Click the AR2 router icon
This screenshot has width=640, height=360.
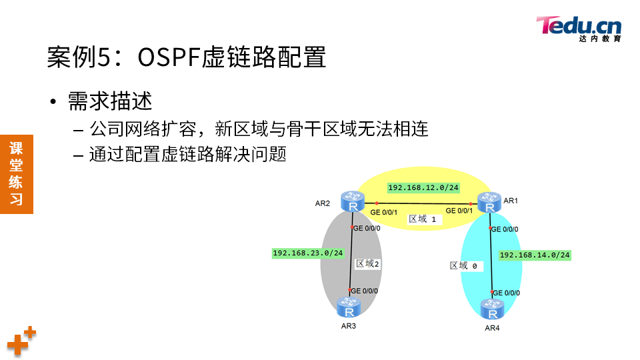[351, 201]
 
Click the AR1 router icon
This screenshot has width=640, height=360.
[490, 203]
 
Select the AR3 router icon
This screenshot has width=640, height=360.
[349, 307]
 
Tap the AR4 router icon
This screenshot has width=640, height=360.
[492, 310]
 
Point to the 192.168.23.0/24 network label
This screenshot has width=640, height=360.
[308, 253]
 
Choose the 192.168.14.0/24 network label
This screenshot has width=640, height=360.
[535, 255]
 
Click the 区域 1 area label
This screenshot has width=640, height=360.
[423, 219]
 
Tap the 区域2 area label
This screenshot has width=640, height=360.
[367, 263]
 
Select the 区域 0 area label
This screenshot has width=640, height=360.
[464, 265]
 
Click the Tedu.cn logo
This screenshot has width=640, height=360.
[579, 28]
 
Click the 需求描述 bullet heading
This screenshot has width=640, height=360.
[110, 101]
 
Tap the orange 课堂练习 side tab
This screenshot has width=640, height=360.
[16, 173]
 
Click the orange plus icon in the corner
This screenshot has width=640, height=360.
[21, 341]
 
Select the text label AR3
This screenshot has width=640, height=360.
[348, 326]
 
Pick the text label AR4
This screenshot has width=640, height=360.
[492, 328]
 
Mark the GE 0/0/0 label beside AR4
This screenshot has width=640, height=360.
[506, 293]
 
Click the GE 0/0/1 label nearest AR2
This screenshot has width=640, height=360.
[384, 212]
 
